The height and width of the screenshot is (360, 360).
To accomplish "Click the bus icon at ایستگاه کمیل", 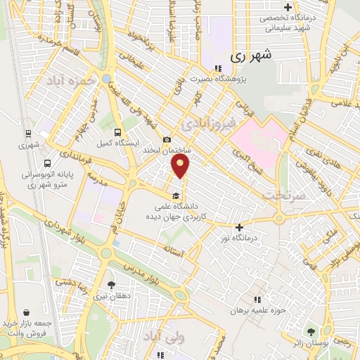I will click(x=118, y=131).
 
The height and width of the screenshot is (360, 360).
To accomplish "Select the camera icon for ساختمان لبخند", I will click(x=167, y=140).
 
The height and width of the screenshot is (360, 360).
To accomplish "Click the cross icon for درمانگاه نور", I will click(x=240, y=226).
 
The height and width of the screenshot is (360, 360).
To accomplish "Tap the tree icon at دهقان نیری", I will click(x=112, y=285).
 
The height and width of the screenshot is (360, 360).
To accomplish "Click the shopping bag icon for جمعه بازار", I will click(x=26, y=313).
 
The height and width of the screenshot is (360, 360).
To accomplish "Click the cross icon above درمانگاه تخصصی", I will click(x=288, y=6).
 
